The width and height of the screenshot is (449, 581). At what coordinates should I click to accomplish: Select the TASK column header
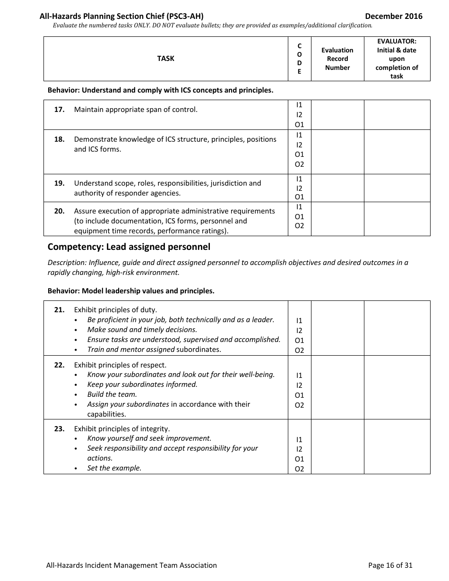165,59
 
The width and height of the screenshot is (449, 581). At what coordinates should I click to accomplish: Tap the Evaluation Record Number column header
337,59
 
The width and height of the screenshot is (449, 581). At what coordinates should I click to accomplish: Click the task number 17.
59,110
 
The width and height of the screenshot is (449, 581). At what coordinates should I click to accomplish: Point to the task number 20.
59,211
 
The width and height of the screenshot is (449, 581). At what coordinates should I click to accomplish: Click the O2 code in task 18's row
299,164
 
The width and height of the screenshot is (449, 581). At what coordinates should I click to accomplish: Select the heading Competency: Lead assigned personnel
129,247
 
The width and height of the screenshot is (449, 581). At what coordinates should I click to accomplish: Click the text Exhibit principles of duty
115,310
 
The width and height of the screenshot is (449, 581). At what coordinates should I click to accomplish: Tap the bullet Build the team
112,394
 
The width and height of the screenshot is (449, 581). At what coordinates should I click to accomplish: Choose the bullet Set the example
114,468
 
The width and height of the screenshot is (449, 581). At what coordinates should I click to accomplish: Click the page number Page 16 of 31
390,565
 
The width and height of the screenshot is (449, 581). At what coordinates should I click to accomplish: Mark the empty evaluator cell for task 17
397,115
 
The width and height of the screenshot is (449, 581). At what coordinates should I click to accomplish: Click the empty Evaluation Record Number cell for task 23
337,447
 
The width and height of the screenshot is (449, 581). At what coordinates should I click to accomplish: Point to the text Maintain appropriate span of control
136,110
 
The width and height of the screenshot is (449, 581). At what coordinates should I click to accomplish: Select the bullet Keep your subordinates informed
142,384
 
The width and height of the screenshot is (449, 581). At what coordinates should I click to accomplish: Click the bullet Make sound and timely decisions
142,330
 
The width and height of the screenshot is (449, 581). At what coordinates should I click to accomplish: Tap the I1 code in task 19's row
299,179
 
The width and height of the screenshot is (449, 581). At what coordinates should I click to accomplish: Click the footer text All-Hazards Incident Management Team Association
131,565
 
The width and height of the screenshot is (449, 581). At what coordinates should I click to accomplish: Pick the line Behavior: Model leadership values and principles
131,291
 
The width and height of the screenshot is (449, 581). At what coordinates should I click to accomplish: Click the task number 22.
59,365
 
